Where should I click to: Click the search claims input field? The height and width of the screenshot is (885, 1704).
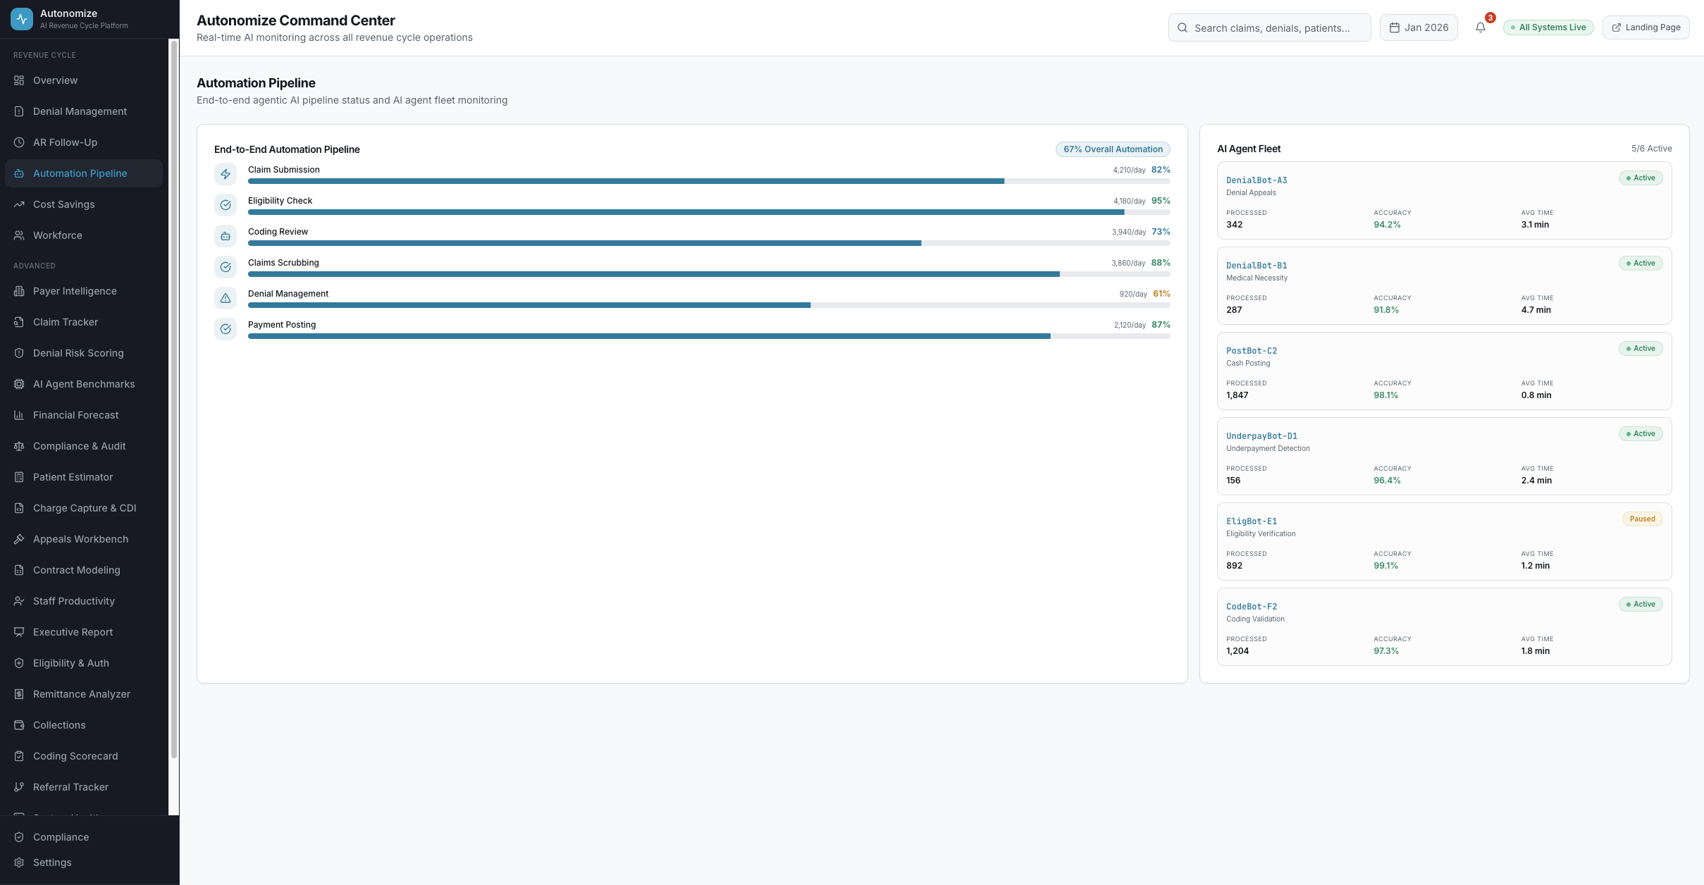(x=1271, y=28)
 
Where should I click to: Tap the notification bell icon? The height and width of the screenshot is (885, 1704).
(x=1481, y=27)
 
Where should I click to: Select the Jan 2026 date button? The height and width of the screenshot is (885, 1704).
(x=1419, y=27)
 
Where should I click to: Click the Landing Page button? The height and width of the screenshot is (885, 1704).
(x=1646, y=27)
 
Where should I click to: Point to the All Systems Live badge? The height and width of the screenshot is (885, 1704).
(x=1548, y=27)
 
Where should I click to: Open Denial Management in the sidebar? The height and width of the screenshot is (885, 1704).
(x=80, y=111)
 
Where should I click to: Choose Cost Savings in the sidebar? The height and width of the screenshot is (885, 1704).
(x=63, y=204)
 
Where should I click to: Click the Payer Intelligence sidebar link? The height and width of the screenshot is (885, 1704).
(x=75, y=291)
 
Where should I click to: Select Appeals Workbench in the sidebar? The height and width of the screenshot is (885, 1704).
(x=80, y=539)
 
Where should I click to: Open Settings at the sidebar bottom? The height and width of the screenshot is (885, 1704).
(x=52, y=862)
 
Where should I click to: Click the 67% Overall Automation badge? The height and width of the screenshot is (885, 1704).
(x=1113, y=149)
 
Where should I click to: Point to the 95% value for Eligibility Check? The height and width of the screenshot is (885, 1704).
(x=1161, y=201)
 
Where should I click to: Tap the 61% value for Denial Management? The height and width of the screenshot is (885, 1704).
(x=1161, y=294)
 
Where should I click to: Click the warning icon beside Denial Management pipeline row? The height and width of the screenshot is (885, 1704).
(x=226, y=298)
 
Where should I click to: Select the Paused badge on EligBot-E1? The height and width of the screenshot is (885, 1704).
(x=1642, y=519)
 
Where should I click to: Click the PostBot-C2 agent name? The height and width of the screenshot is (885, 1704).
(x=1252, y=351)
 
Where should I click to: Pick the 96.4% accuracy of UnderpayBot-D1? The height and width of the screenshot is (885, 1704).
(x=1387, y=481)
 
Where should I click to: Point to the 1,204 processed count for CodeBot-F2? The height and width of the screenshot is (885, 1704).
(x=1237, y=651)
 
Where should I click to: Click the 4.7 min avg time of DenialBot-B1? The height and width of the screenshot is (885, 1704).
(x=1536, y=310)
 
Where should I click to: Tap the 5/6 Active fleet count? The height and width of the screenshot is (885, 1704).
(x=1651, y=149)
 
